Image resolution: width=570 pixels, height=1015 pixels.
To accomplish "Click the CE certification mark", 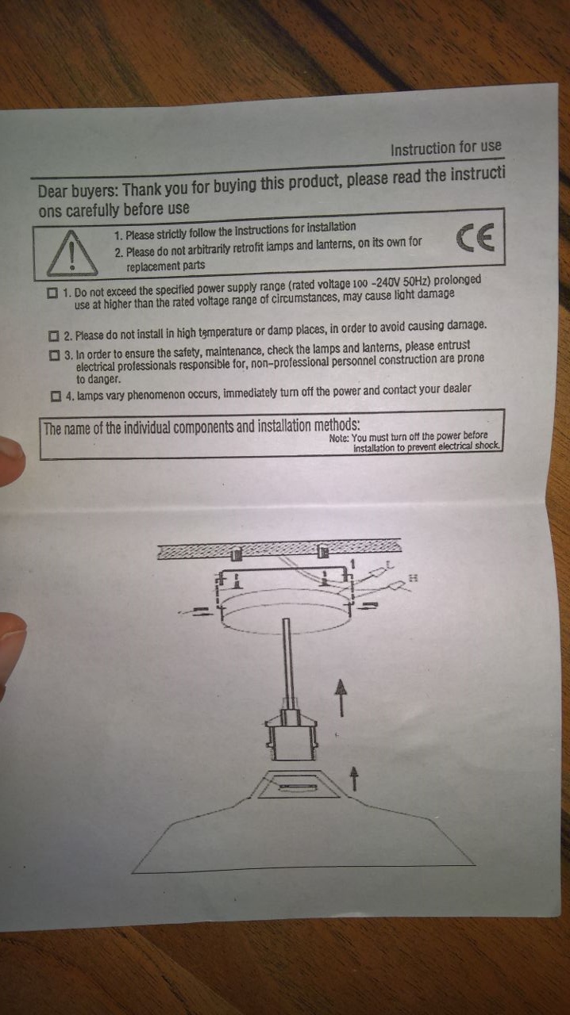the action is tap(476, 237).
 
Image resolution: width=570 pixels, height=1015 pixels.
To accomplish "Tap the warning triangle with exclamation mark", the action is tap(72, 254).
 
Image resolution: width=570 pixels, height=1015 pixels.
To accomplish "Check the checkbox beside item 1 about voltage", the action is tap(52, 293).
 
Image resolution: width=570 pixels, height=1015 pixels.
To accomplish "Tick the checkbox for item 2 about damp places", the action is tap(54, 335).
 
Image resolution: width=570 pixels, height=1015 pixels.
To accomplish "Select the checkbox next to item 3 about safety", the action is tap(55, 355).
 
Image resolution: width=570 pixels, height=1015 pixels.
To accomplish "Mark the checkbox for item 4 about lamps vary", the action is tap(56, 396).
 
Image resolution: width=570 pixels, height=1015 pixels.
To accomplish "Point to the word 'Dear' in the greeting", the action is tap(52, 192).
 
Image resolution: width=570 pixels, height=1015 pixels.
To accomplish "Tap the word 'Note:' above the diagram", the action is tap(340, 439).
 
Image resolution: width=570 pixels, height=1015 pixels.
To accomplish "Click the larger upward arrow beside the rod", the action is tap(341, 697).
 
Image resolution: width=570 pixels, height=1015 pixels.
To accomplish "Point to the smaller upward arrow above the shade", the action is tap(354, 778).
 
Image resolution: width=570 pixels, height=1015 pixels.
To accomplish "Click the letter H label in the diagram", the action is tap(413, 578).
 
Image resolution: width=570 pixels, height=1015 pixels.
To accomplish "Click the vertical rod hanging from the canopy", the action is tap(287, 662).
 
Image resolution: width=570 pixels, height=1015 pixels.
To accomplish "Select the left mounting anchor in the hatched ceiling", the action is tap(236, 553).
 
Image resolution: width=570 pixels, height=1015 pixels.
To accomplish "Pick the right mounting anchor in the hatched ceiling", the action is tap(322, 551).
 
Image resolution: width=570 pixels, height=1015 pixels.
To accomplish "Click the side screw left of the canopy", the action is tap(200, 611).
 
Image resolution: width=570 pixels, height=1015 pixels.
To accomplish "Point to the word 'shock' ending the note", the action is tap(487, 445).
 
